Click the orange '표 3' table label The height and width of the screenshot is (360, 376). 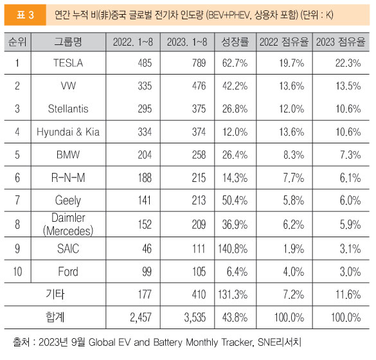[x=25, y=15]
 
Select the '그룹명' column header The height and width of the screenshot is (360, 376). [x=68, y=42]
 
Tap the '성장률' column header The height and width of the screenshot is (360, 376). [x=235, y=42]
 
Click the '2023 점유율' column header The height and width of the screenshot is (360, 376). [x=341, y=42]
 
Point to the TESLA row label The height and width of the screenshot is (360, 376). [x=68, y=63]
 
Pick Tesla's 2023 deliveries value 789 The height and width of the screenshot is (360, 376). [x=199, y=63]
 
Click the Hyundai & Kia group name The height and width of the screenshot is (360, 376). [x=68, y=132]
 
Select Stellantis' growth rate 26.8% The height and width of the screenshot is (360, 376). [x=235, y=109]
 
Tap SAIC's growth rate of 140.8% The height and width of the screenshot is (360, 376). [x=233, y=249]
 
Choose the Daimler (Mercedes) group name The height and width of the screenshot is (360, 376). [x=68, y=224]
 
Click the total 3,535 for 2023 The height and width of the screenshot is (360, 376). [x=195, y=318]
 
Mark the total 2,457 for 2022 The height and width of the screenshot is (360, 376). [x=141, y=318]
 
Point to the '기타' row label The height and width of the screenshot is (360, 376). [x=55, y=294]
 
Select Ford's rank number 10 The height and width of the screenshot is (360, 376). [x=17, y=272]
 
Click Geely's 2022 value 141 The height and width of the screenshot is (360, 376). [x=145, y=201]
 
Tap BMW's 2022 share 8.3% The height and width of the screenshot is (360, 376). [x=294, y=155]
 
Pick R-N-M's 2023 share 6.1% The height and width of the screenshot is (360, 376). [x=350, y=177]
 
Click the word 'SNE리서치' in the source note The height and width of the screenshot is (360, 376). [x=280, y=342]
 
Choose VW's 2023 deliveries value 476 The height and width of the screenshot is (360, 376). [x=199, y=86]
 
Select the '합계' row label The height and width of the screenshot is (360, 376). [x=55, y=317]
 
